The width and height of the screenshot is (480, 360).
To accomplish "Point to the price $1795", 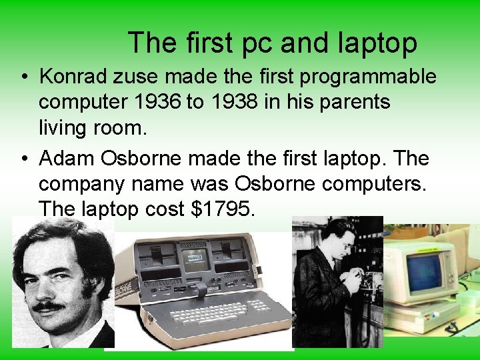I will click(223, 209).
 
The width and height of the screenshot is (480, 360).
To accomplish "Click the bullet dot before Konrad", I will click(23, 77).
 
